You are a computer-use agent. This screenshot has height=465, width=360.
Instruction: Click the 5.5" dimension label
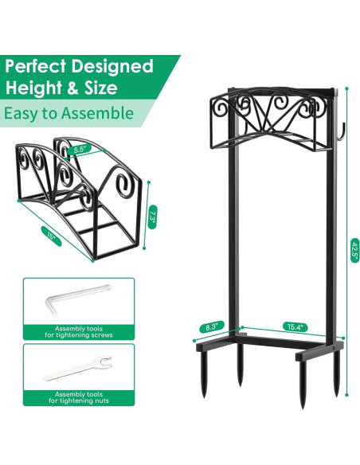(78, 149)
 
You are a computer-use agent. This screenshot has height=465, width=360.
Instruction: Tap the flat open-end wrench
(78, 368)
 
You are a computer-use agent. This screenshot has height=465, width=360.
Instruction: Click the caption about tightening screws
(79, 332)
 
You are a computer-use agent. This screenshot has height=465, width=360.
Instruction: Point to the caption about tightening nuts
(79, 397)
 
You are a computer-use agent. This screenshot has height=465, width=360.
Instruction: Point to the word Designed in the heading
(116, 65)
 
